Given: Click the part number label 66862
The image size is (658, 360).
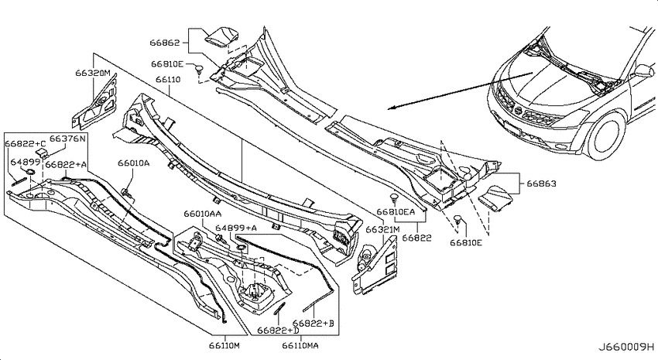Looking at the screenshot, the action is click(164, 43).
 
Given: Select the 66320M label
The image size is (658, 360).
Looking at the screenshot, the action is click(93, 73).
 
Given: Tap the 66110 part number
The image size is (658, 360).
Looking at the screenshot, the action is click(168, 79).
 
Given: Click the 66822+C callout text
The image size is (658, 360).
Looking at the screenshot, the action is click(26, 143).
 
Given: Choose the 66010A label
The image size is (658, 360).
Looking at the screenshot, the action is click(133, 163).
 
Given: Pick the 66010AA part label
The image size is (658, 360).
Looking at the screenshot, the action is click(202, 214).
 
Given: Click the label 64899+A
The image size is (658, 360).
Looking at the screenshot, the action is click(236, 228).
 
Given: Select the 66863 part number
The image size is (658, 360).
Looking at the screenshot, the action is click(541, 183).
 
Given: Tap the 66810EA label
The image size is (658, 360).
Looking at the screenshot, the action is click(396, 212).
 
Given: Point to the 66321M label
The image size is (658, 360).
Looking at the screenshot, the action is click(382, 230).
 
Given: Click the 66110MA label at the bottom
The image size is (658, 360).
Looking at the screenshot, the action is click(300, 346).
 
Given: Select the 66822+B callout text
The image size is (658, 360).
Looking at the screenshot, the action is click(313, 324).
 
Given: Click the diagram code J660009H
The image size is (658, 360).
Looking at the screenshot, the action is click(625, 348).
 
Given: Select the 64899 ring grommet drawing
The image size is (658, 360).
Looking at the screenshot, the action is click(31, 172).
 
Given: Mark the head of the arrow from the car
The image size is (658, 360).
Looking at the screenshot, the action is click(388, 108).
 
